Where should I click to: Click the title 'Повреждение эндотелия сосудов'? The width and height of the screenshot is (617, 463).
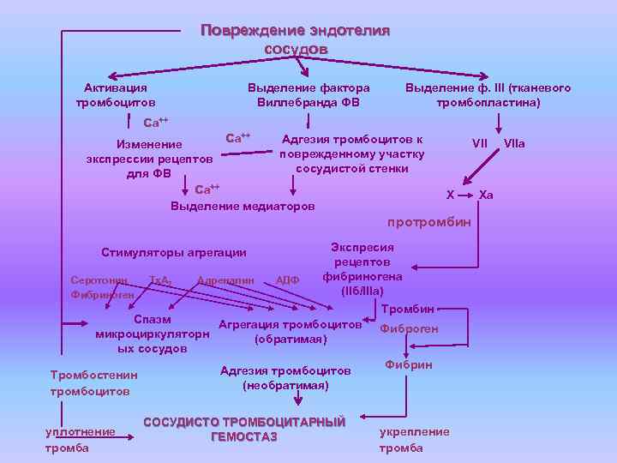pyautogui.click(x=295, y=39)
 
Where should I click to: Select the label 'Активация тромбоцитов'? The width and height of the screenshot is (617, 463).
pyautogui.click(x=115, y=95)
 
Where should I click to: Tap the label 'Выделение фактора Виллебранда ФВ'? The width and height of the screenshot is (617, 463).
pyautogui.click(x=308, y=95)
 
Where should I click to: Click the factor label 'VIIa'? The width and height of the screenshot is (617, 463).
pyautogui.click(x=514, y=143)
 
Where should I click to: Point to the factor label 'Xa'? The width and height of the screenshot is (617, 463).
pyautogui.click(x=486, y=195)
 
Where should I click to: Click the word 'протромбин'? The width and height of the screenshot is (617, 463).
pyautogui.click(x=429, y=223)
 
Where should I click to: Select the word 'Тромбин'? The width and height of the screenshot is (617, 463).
pyautogui.click(x=408, y=308)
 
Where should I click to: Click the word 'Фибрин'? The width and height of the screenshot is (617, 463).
pyautogui.click(x=409, y=365)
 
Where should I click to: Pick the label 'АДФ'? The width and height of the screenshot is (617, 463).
pyautogui.click(x=287, y=280)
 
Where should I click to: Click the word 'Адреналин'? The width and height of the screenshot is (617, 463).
pyautogui.click(x=226, y=280)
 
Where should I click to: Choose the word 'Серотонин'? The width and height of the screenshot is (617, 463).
pyautogui.click(x=99, y=280)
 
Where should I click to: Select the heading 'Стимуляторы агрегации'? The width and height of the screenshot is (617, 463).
pyautogui.click(x=174, y=252)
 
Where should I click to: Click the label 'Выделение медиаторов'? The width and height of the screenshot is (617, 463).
pyautogui.click(x=243, y=206)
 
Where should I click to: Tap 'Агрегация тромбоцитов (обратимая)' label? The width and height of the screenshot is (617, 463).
pyautogui.click(x=291, y=332)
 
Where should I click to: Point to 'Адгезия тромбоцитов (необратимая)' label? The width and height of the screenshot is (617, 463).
pyautogui.click(x=285, y=378)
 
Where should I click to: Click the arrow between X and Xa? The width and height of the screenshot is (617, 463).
pyautogui.click(x=464, y=195)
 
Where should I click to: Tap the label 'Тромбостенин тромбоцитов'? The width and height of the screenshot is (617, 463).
pyautogui.click(x=93, y=383)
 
